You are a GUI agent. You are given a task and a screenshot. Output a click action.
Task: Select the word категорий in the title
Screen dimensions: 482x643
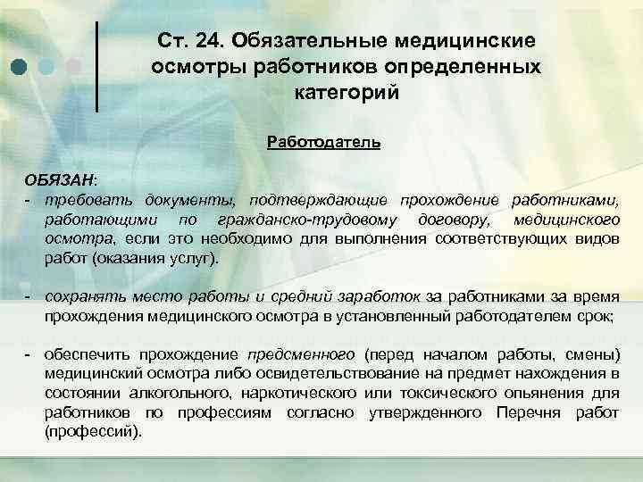[x=346, y=91]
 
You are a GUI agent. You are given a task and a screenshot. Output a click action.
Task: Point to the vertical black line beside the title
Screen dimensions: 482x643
[x=96, y=67]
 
